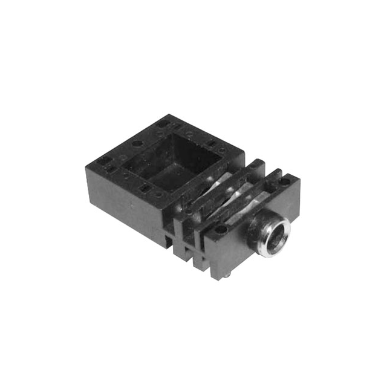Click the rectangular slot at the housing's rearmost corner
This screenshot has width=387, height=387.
162,123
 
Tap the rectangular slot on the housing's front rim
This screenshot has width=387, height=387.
145,189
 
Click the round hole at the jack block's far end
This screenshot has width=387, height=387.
284,181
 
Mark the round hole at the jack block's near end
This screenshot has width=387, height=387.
221,230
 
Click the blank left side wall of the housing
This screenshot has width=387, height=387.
121,200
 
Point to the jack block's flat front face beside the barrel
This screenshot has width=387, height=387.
239,248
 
